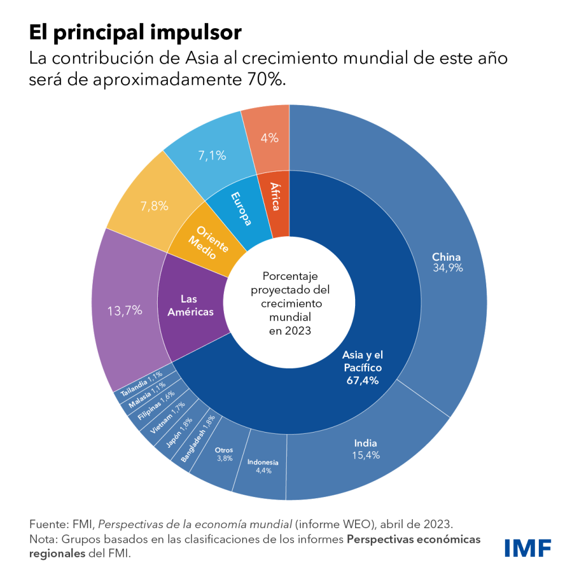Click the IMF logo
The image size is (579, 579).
[528, 547]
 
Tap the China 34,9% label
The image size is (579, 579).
[447, 262]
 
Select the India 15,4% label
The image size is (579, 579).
[366, 449]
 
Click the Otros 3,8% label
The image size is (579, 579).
[224, 454]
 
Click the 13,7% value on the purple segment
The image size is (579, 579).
[124, 310]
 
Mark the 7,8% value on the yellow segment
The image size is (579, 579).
[154, 206]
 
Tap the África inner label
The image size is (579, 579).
[274, 196]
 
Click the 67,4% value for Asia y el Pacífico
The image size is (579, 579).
[362, 381]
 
